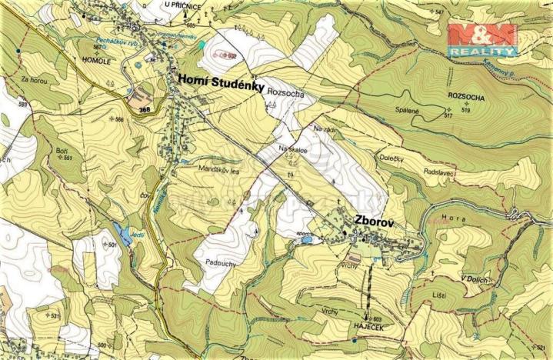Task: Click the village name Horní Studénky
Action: click(x=222, y=79)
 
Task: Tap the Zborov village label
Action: click(x=374, y=221)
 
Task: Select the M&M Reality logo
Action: click(x=482, y=39)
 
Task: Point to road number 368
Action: click(x=145, y=110)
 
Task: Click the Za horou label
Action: click(x=36, y=79)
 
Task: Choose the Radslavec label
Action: click(x=439, y=172)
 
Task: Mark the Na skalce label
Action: click(x=293, y=151)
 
